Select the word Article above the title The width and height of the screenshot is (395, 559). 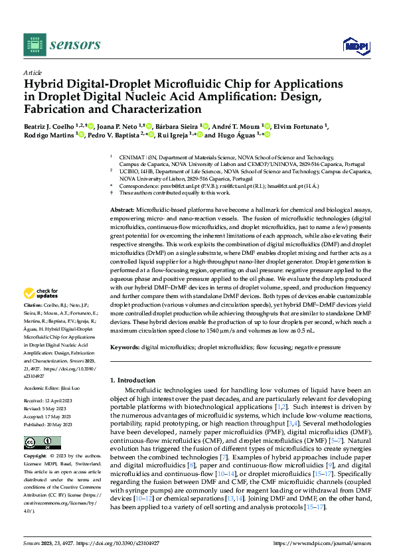tap(33, 72)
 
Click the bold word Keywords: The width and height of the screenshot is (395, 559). tap(124, 347)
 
